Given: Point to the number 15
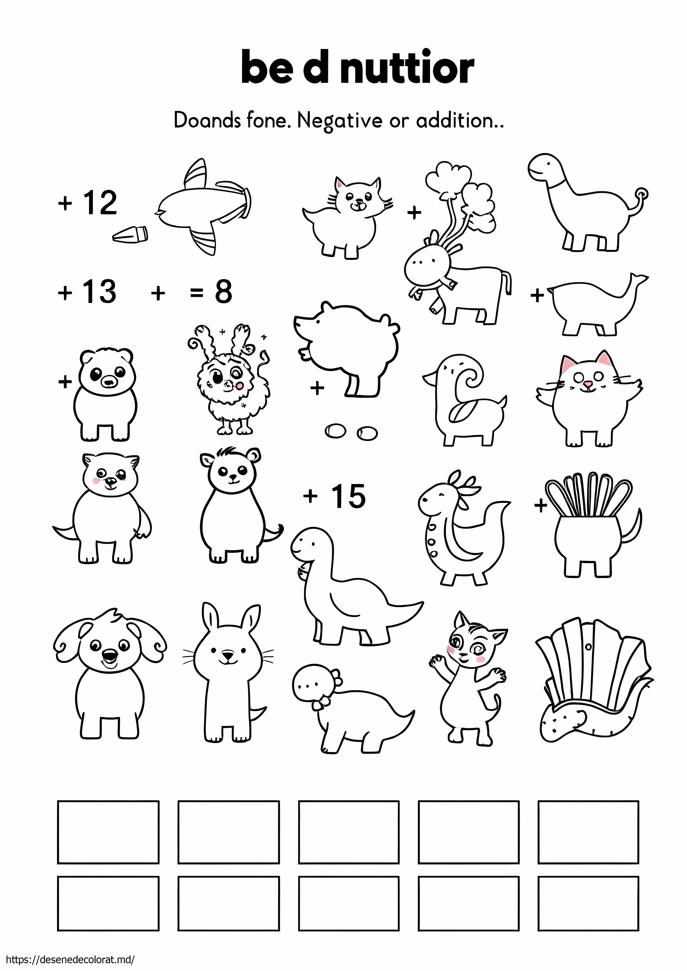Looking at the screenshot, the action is click(348, 496).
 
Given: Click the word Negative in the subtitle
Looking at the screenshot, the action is click(339, 121).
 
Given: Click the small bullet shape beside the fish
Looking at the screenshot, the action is click(130, 235).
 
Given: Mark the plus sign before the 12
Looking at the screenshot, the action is click(65, 204).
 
